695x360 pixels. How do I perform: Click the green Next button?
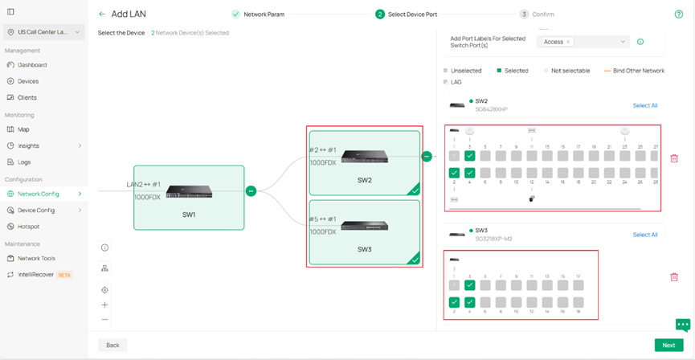[x=668, y=345]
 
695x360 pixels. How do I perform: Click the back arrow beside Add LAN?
[x=102, y=14]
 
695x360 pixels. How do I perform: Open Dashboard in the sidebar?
[x=32, y=65]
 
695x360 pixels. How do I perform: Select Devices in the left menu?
[x=28, y=81]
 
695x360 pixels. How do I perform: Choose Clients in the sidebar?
[x=27, y=97]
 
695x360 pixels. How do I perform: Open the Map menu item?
[x=23, y=129]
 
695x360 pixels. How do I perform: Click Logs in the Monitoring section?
[x=24, y=162]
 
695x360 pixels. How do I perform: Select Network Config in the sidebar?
[x=39, y=194]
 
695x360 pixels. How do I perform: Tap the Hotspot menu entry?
[x=28, y=227]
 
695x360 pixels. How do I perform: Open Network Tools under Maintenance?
[x=36, y=258]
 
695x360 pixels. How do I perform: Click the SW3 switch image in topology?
[x=364, y=226]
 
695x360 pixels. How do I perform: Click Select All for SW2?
[x=644, y=105]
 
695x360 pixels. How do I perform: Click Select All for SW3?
[x=644, y=235]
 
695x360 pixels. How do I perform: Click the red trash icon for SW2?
[x=673, y=158]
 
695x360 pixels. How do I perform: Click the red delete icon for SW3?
[x=673, y=277]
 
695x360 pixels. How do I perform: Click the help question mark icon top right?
[x=679, y=14]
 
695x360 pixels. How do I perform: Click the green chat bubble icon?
[x=683, y=325]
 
